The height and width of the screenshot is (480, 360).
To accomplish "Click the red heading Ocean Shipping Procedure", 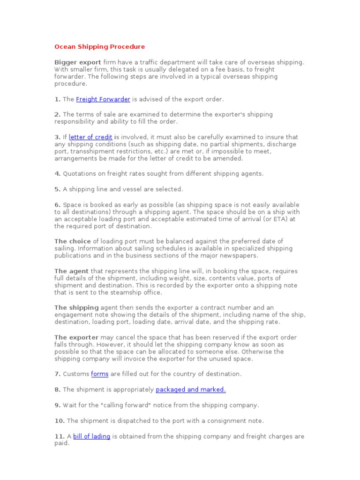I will [99, 47].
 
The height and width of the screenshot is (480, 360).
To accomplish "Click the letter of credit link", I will [90, 137].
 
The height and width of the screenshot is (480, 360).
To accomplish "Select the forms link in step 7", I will [99, 374].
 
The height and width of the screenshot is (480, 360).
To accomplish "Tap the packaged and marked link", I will [190, 390].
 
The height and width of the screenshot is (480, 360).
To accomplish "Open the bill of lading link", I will [91, 436].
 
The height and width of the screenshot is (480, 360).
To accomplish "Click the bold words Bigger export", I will [78, 62].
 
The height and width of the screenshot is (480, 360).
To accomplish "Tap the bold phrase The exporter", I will [76, 337].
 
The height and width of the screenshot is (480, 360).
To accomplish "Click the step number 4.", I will [57, 173].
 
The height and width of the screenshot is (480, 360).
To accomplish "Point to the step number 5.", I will [57, 189].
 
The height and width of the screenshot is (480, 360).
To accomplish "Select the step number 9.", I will [57, 405].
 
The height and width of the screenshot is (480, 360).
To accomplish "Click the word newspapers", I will [238, 256].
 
